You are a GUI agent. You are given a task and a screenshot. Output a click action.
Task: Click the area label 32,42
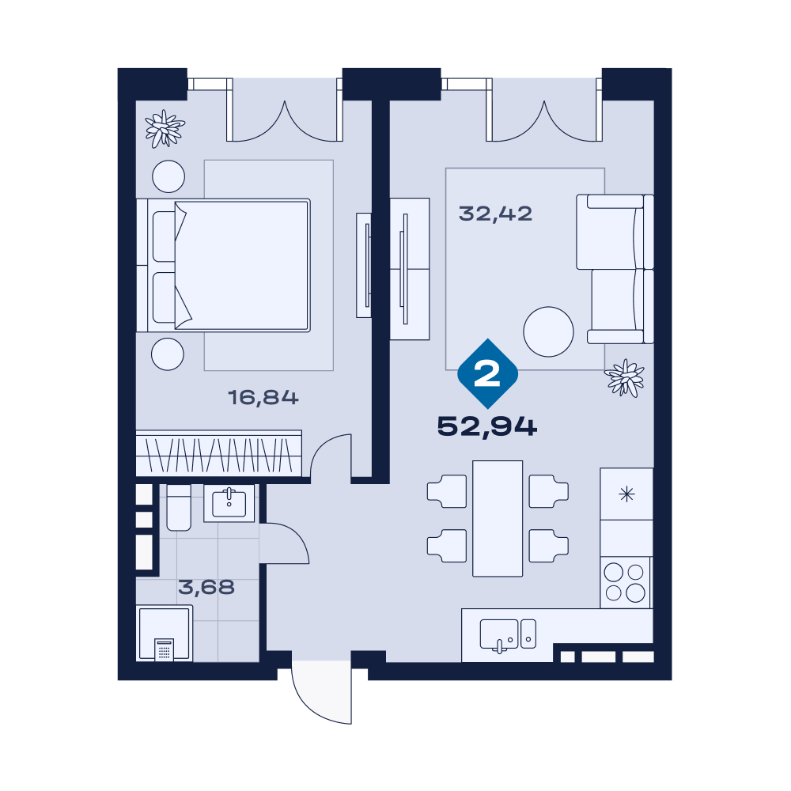point(495,214)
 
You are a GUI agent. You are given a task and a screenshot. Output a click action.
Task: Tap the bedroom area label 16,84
point(263,398)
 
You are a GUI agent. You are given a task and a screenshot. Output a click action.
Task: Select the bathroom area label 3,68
point(206,587)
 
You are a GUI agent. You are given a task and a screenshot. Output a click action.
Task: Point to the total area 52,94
point(486,427)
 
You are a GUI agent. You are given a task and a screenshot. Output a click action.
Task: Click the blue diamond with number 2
point(487,374)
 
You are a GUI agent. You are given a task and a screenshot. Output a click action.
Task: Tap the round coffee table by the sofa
point(548,332)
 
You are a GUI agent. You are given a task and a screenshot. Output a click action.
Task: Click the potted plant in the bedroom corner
point(165,129)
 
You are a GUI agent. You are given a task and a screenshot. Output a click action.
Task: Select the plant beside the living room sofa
point(625,378)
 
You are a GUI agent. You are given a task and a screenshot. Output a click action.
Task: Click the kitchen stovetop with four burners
point(625,582)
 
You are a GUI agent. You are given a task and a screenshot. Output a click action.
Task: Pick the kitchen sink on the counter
point(508,634)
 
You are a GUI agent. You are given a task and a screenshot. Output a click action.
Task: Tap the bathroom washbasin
point(229,503)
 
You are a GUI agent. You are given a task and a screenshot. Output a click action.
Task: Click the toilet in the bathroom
point(179,508)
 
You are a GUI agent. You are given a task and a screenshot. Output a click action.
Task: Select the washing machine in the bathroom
point(165,633)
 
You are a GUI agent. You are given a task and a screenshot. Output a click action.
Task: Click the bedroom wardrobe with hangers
point(219,452)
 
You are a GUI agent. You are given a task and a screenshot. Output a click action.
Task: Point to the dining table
point(498,518)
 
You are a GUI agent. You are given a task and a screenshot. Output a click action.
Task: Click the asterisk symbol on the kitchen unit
point(626,494)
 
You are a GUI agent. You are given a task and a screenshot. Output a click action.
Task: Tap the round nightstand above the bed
point(168,176)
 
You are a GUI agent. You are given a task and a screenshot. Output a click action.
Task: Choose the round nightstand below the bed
point(168,354)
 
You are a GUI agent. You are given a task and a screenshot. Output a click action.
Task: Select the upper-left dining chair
point(447,491)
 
